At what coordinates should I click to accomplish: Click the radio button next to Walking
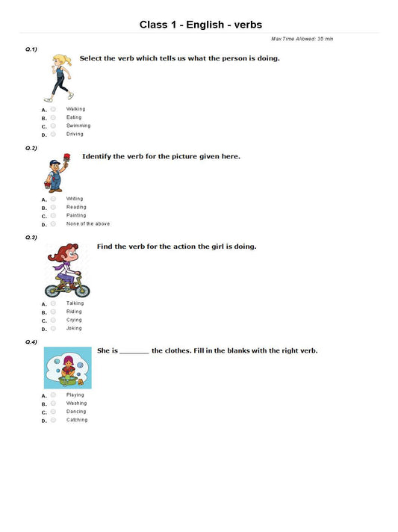coord(53,109)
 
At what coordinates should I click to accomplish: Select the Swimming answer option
coord(78,126)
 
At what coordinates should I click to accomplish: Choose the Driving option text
coord(75,134)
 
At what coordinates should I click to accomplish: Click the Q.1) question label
coord(31,49)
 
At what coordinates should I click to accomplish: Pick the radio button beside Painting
coord(53,215)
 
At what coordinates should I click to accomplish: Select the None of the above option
coord(88,223)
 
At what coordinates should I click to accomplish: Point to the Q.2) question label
coord(31,149)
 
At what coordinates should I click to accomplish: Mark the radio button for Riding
coord(53,312)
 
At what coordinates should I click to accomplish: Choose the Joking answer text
coord(74,328)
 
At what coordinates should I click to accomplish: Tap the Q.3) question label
coord(31,238)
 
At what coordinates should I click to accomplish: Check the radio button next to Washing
coord(53,403)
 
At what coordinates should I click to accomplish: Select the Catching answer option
coord(77,420)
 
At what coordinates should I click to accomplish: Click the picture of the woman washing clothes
coord(67,368)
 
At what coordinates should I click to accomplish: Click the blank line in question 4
coord(134,352)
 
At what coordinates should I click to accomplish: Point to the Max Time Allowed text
coord(302,38)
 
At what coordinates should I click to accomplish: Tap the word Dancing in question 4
coord(76,412)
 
